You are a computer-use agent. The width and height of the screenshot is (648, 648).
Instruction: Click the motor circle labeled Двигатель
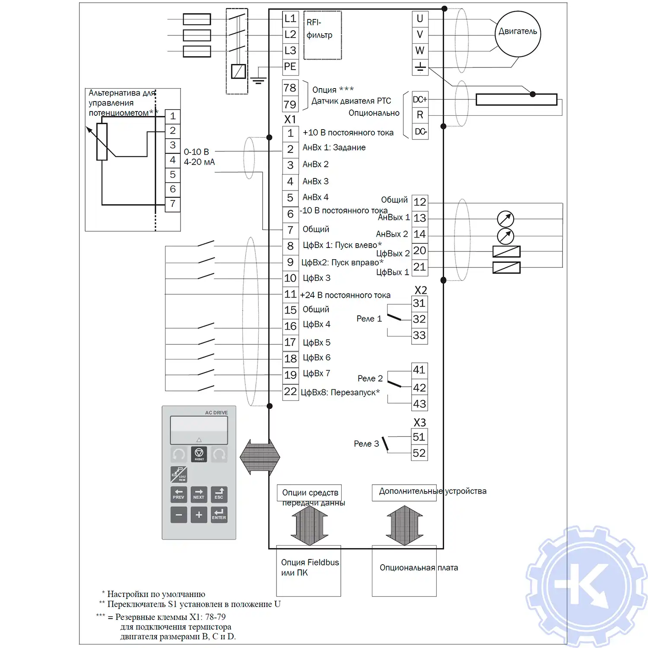tap(518, 34)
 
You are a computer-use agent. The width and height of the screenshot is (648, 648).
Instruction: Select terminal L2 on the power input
tap(290, 35)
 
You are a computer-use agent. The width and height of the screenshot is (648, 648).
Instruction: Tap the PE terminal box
tap(290, 67)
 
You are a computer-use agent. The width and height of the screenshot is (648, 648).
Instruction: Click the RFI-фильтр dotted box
tap(322, 35)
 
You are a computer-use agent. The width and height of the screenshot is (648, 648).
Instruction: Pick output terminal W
tap(420, 51)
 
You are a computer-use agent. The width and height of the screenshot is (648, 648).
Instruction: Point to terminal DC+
tap(420, 99)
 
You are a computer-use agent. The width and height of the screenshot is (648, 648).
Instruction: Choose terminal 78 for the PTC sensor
tap(290, 88)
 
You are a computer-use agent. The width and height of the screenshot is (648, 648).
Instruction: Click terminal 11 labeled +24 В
tap(290, 295)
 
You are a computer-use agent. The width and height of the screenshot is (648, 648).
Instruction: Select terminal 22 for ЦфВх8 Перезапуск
tap(290, 392)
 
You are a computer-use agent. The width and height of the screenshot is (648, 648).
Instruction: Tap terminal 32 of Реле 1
tap(419, 319)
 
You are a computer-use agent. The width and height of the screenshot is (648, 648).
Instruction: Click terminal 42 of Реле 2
tap(419, 388)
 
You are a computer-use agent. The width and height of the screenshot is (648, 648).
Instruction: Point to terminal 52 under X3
tap(419, 453)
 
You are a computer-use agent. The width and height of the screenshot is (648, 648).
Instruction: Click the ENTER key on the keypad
tap(219, 515)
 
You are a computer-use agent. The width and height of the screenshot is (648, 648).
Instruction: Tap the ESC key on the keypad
tap(219, 494)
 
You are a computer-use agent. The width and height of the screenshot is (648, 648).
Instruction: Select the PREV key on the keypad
tap(178, 494)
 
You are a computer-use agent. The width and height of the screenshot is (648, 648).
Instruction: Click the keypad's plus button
tap(199, 515)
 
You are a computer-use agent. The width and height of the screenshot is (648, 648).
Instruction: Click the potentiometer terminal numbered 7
tap(173, 204)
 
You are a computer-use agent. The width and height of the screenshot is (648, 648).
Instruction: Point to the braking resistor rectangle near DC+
tap(516, 99)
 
